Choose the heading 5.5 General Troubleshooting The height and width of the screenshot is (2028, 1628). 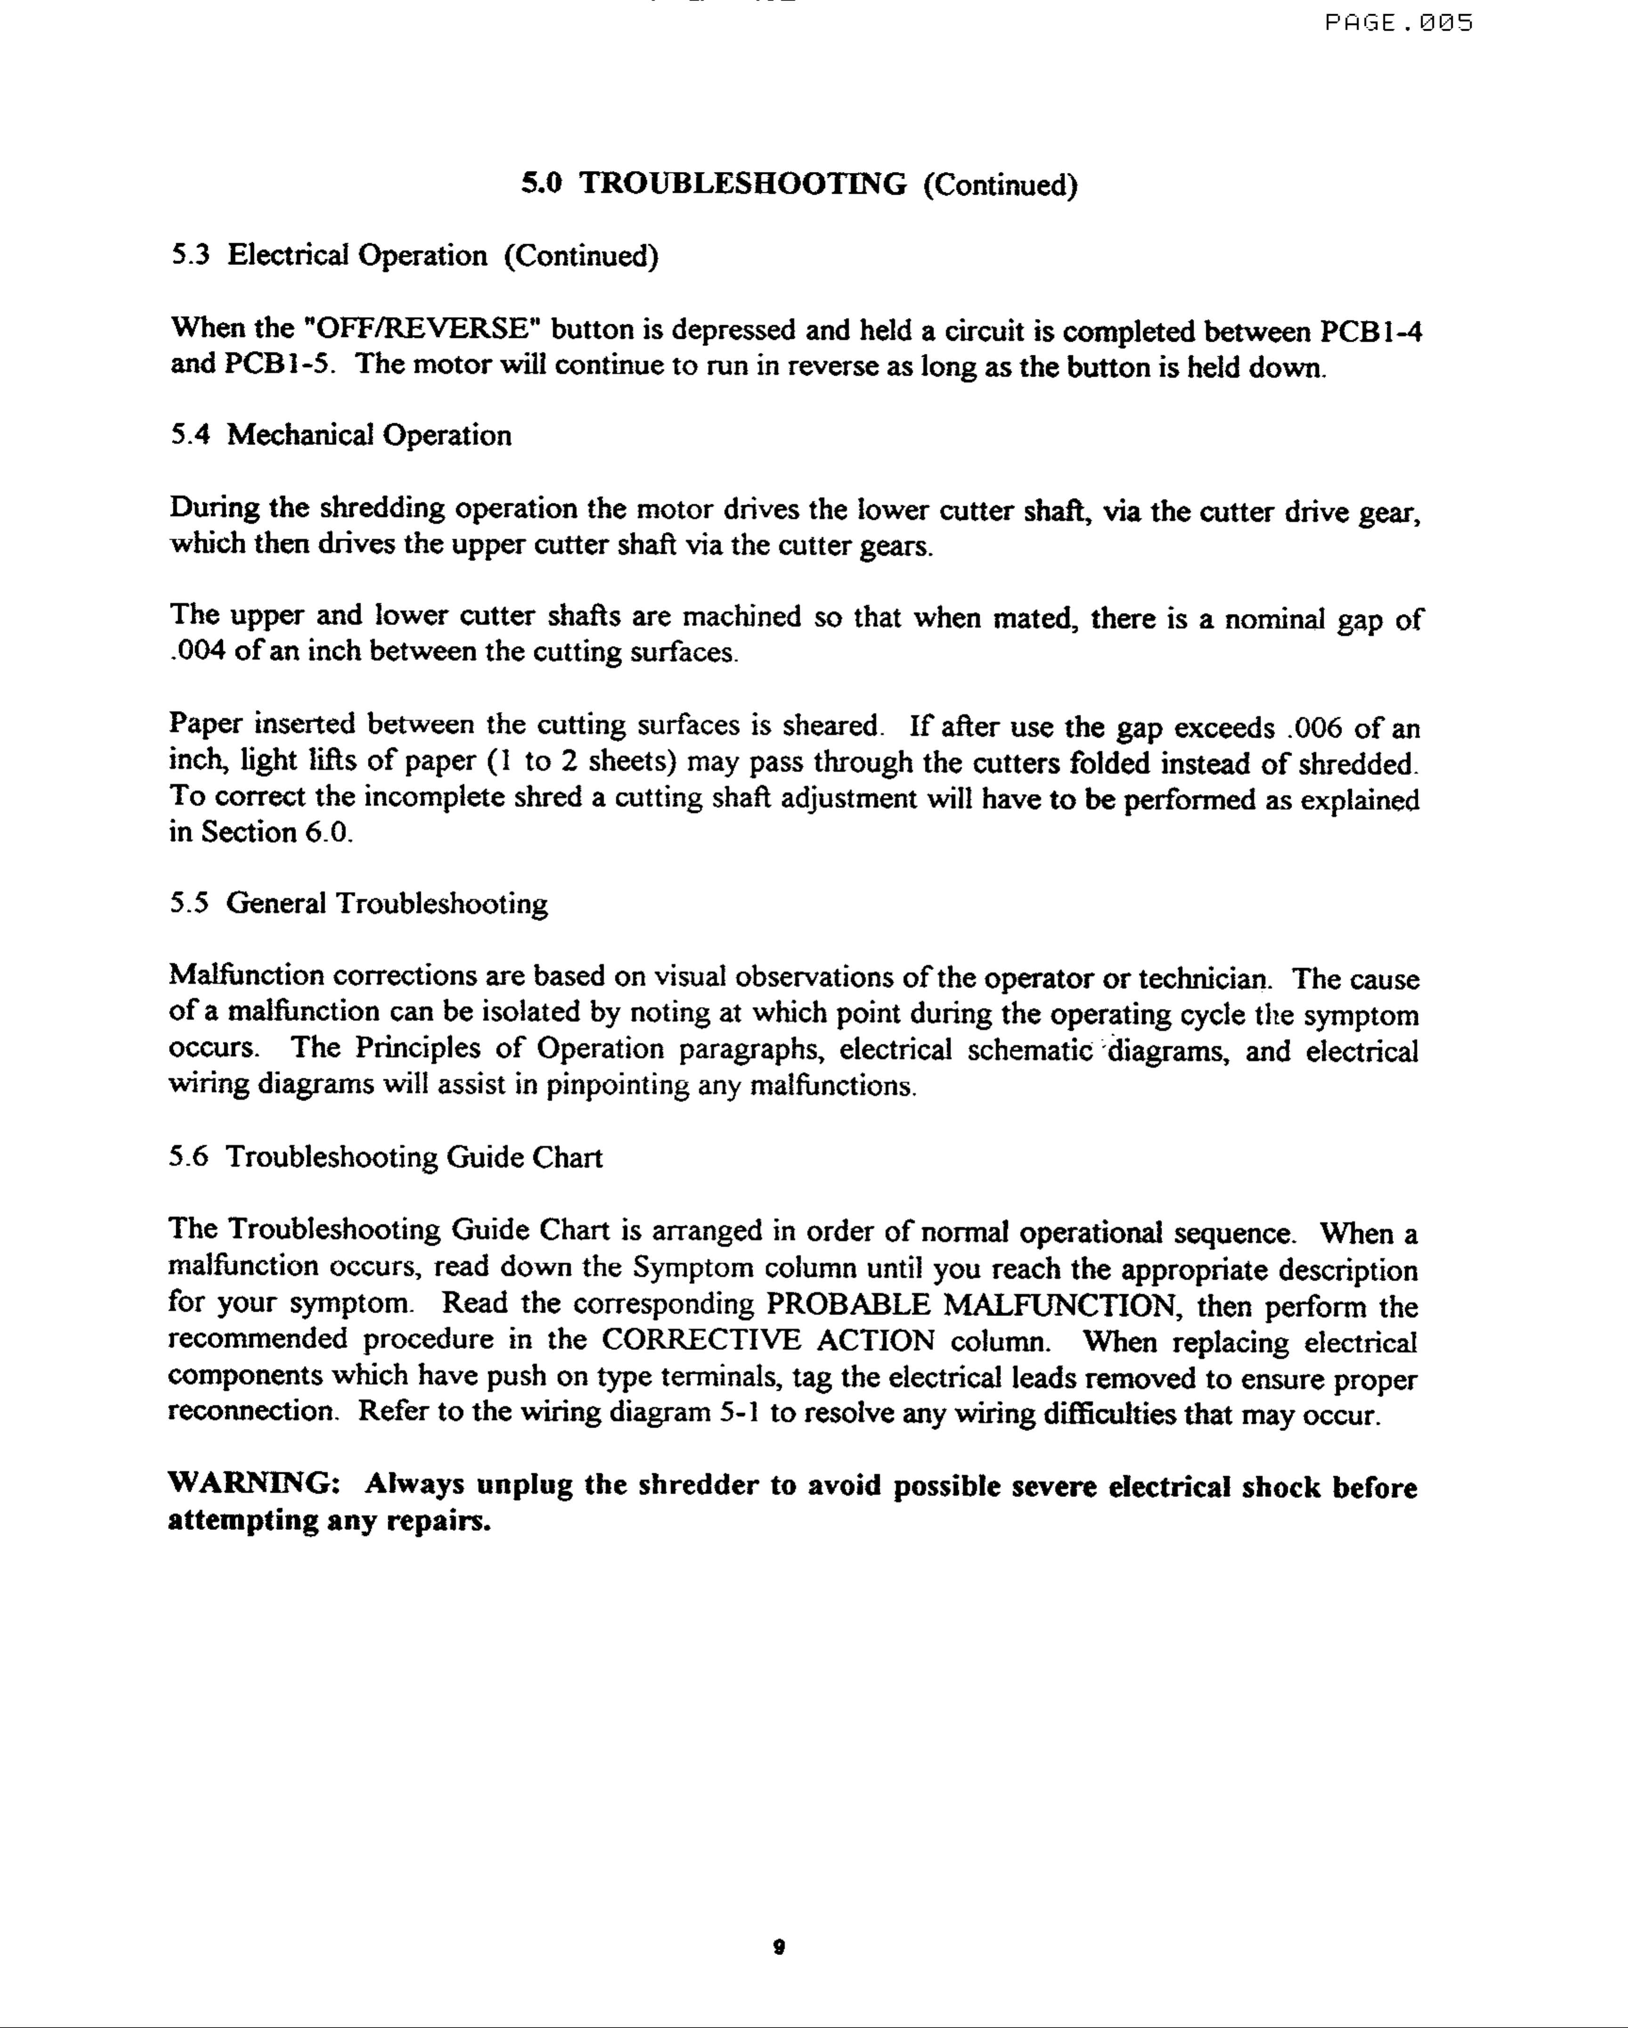click(x=358, y=904)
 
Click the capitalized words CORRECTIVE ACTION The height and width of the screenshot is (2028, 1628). click(x=767, y=1341)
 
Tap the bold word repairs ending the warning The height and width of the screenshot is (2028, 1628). click(x=439, y=1521)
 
